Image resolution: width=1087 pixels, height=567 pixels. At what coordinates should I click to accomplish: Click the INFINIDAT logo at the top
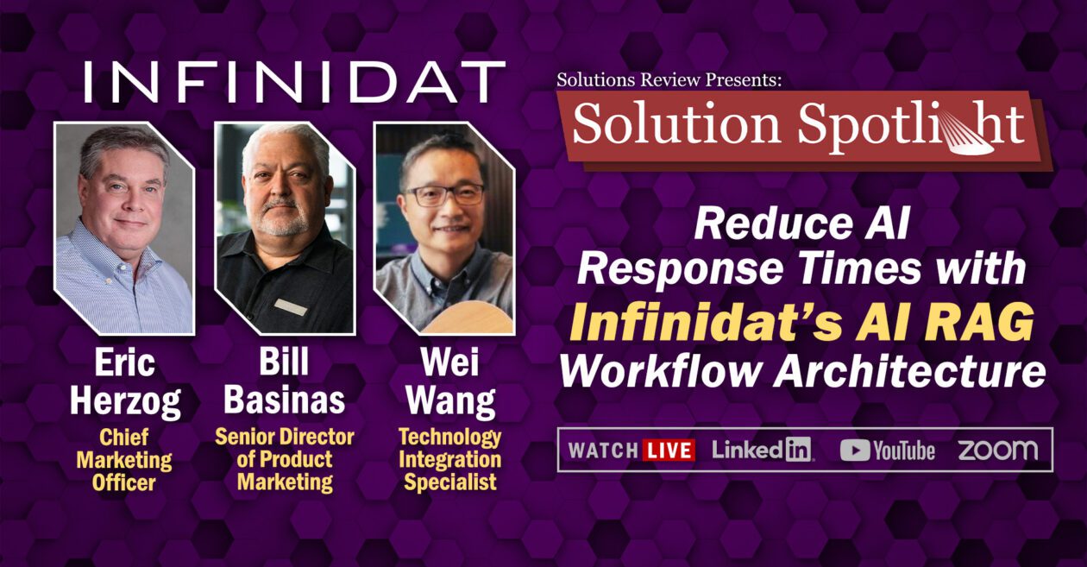pyautogui.click(x=295, y=81)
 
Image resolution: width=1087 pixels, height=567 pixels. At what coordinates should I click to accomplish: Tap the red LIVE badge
pyautogui.click(x=669, y=450)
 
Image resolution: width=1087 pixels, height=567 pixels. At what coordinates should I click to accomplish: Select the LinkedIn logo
pyautogui.click(x=763, y=450)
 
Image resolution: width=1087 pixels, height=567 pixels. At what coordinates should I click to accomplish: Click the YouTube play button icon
pyautogui.click(x=855, y=450)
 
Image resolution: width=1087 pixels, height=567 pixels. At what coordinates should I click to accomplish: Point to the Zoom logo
pyautogui.click(x=997, y=450)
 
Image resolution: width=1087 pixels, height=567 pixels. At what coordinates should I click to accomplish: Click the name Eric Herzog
pyautogui.click(x=125, y=382)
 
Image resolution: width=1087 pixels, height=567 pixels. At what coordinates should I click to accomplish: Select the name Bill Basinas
pyautogui.click(x=285, y=381)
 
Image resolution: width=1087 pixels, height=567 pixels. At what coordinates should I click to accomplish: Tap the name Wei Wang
pyautogui.click(x=450, y=382)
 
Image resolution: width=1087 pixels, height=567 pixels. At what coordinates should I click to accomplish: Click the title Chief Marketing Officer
pyautogui.click(x=124, y=460)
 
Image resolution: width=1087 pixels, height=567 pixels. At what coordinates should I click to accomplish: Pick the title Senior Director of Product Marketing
pyautogui.click(x=285, y=459)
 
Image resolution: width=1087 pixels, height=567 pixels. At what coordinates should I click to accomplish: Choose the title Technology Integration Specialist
pyautogui.click(x=449, y=460)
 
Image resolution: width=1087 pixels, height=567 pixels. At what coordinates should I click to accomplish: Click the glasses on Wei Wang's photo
pyautogui.click(x=444, y=194)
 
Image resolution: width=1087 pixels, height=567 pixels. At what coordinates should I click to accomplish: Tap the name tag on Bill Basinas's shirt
pyautogui.click(x=290, y=307)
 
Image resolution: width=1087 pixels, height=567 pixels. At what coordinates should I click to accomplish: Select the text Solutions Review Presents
pyautogui.click(x=669, y=79)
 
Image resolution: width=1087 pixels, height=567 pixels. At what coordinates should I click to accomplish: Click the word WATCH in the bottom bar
pyautogui.click(x=603, y=450)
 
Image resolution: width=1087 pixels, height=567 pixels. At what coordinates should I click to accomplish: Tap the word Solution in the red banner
pyautogui.click(x=676, y=124)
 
